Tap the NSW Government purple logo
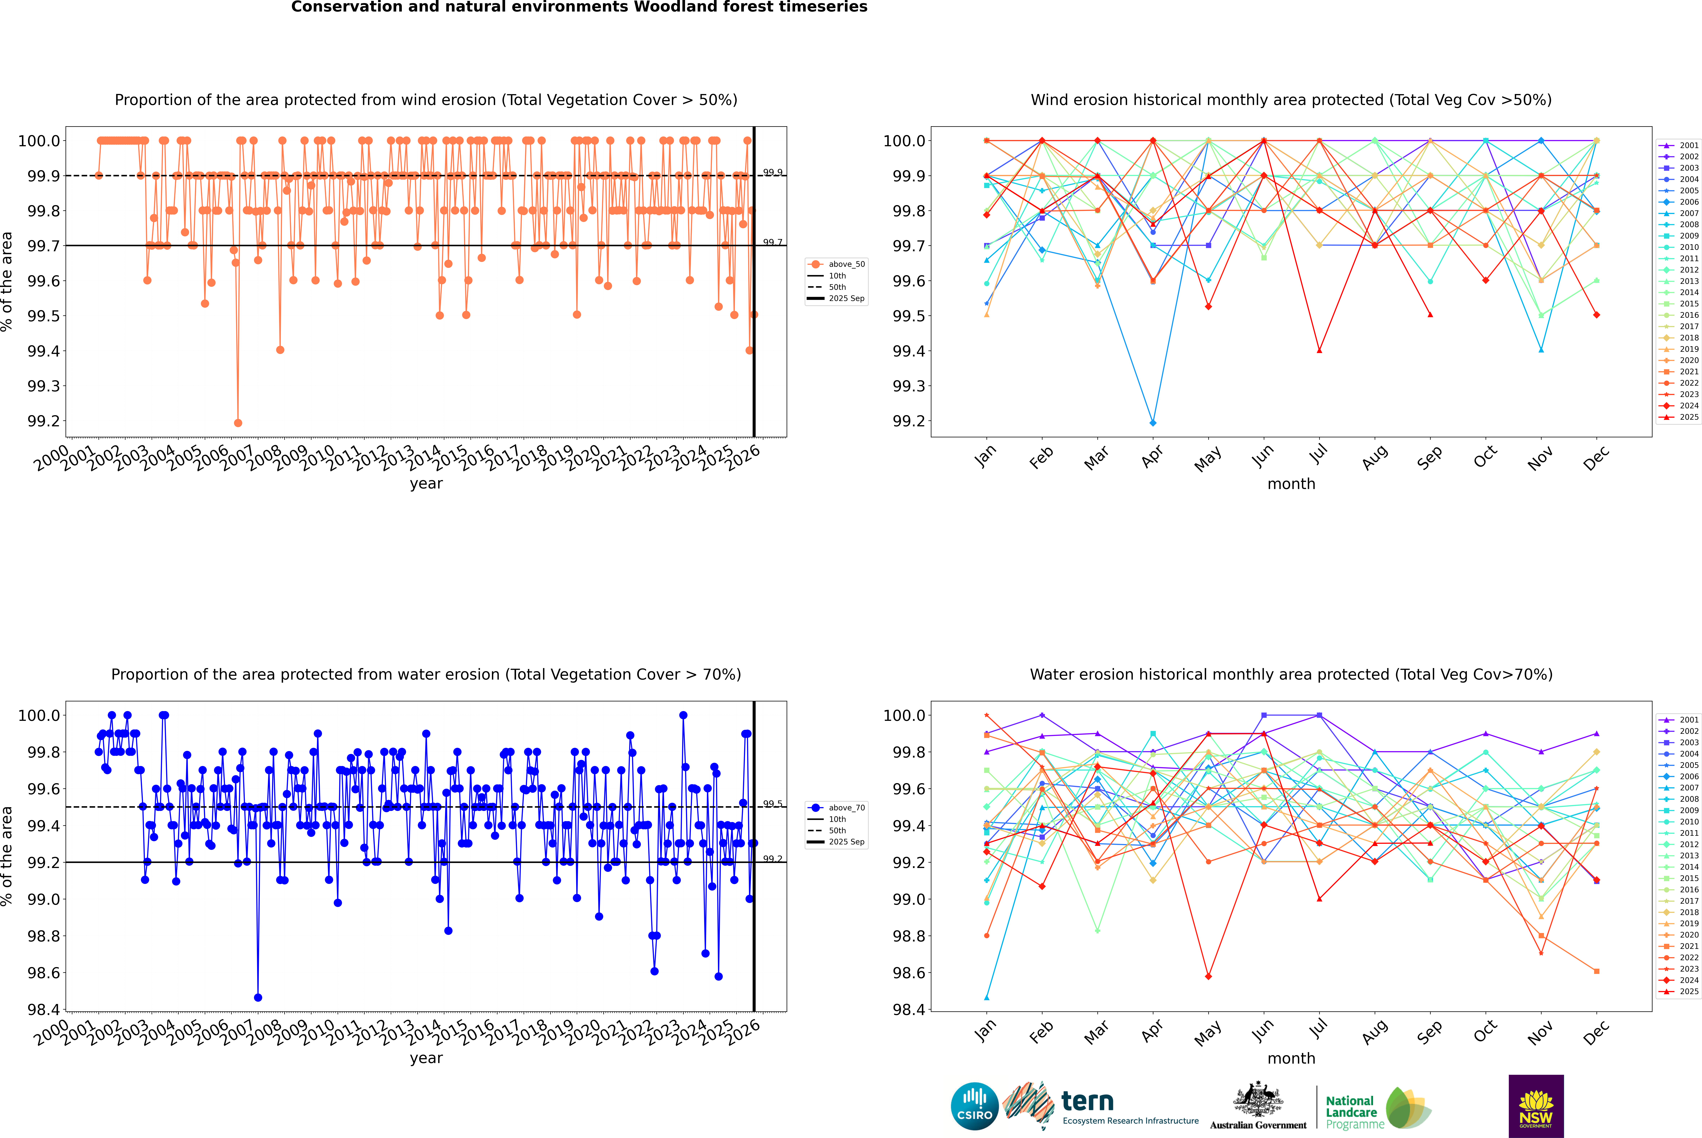pos(1536,1105)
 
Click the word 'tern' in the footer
pos(1087,1101)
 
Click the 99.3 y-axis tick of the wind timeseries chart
pos(44,386)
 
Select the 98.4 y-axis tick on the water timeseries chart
pos(44,1010)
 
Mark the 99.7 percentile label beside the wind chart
pos(773,242)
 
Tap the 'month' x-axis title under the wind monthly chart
pos(1291,484)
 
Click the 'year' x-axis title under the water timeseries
pos(426,1058)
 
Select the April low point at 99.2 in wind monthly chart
pos(1153,422)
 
